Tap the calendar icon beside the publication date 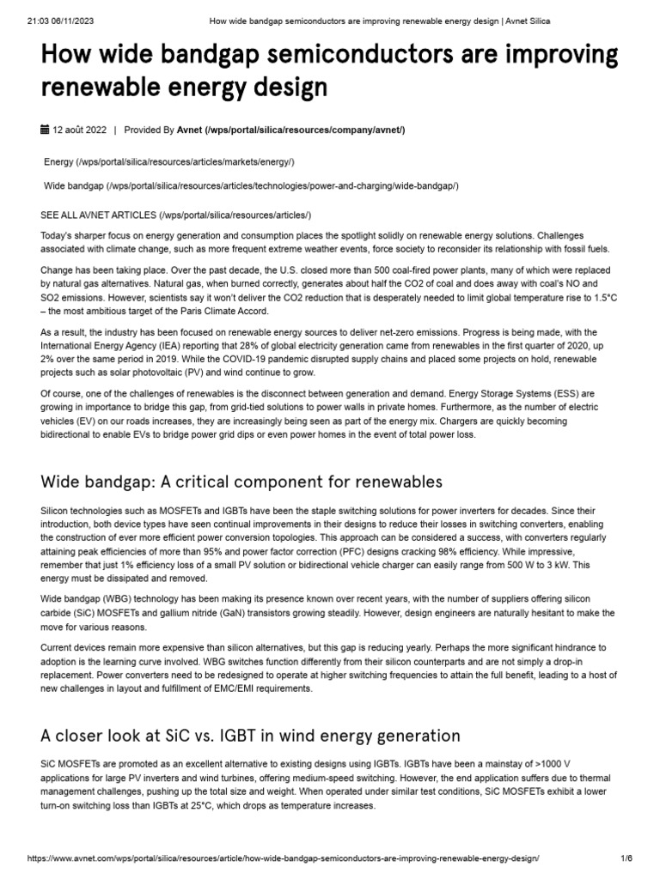pyautogui.click(x=45, y=130)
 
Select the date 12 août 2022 pyautogui.click(x=79, y=130)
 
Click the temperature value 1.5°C pyautogui.click(x=598, y=296)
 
